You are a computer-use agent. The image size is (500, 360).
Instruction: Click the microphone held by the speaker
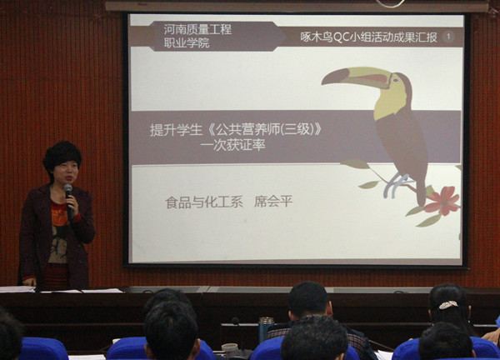coord(68,192)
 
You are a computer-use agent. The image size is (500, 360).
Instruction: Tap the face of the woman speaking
coord(65,172)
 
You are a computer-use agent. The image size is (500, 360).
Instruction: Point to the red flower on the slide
coord(442,201)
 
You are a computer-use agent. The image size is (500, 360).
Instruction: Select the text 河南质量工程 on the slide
coord(197,29)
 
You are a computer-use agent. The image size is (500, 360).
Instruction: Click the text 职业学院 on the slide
coord(185,42)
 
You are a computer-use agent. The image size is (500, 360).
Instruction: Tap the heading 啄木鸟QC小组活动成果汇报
coord(367,37)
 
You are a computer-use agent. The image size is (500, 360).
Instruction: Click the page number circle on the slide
coord(448,37)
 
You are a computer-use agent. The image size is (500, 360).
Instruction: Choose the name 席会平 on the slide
coord(273,201)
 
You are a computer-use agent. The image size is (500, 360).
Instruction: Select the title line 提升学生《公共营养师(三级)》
coord(236,129)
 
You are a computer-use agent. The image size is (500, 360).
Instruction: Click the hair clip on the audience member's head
coord(448,305)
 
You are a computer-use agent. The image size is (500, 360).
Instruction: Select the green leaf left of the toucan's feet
coord(367,184)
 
